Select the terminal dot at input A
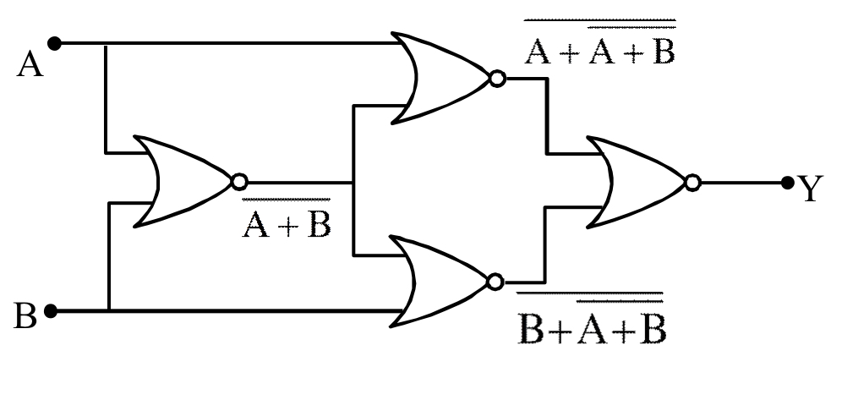56,42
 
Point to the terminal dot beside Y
788,181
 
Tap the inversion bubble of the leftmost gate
239,182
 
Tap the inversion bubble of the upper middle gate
498,79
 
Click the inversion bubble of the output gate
693,182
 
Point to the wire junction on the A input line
106,42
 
